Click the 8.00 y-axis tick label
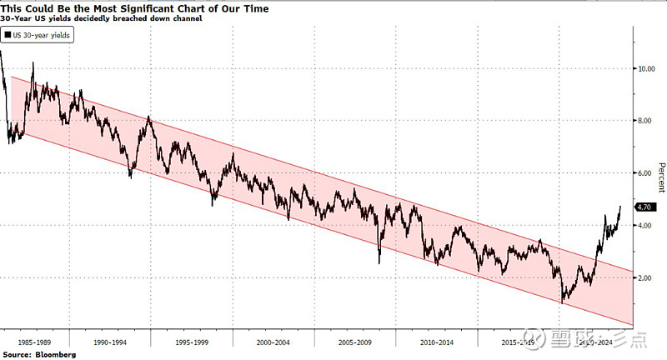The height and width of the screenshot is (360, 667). tap(645, 122)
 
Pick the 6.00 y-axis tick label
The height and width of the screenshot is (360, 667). tap(645, 173)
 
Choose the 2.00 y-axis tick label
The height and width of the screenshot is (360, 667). tap(645, 277)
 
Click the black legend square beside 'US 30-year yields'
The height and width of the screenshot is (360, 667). tap(8, 36)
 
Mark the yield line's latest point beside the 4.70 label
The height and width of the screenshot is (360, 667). tap(620, 207)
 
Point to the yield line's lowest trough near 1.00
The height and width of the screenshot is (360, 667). tap(562, 302)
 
